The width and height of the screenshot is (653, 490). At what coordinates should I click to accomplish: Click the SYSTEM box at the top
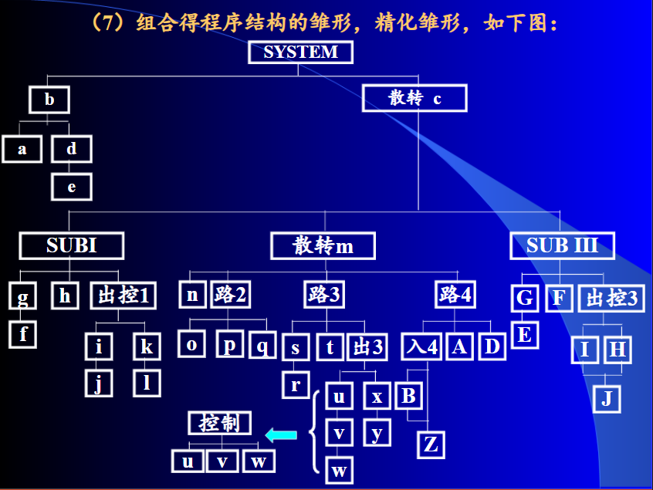(x=300, y=52)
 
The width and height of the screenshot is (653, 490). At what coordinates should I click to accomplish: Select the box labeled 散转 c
(x=414, y=99)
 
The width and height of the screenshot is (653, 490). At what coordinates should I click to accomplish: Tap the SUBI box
(x=72, y=246)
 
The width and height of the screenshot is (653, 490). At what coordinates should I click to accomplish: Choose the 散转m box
(x=323, y=246)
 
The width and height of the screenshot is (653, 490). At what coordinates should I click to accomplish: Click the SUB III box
(x=562, y=246)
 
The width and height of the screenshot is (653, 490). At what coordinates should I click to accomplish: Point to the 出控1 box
(x=123, y=296)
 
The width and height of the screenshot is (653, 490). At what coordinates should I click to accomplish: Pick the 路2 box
(x=230, y=295)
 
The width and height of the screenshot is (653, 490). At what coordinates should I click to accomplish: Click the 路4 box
(x=455, y=295)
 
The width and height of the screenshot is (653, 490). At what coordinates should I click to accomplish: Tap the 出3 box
(x=368, y=347)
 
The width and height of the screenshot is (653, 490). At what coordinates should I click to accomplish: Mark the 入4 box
(x=421, y=347)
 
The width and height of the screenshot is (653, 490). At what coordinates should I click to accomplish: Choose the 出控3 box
(x=612, y=298)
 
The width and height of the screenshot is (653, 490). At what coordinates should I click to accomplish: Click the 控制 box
(x=219, y=423)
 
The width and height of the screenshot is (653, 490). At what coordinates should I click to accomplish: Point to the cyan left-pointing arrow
(x=281, y=436)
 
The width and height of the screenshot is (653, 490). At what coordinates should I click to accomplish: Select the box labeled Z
(x=431, y=444)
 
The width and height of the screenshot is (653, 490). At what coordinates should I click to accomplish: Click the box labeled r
(x=295, y=384)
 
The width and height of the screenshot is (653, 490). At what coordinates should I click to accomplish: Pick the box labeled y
(x=377, y=433)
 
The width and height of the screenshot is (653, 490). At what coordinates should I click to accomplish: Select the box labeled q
(x=262, y=346)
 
